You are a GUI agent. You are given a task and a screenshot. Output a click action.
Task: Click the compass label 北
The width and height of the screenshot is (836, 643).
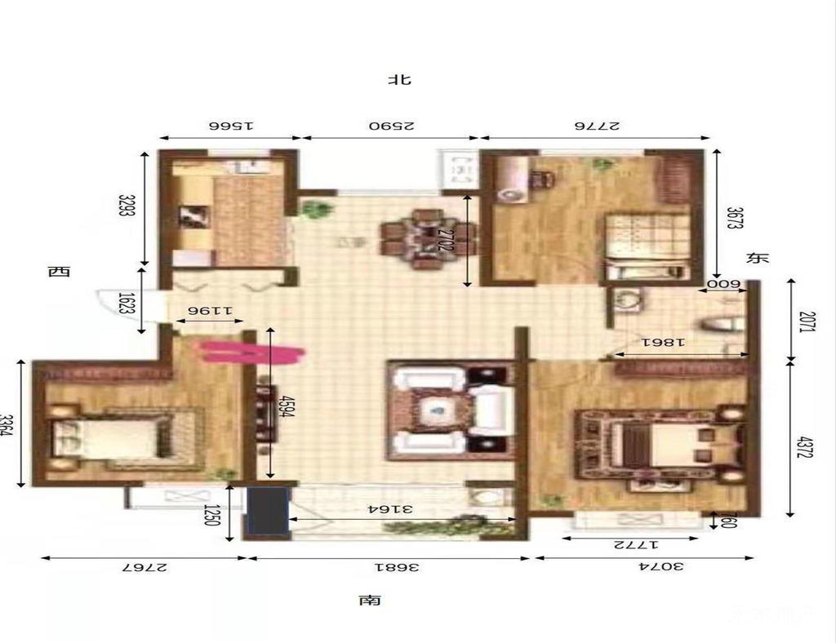[x=400, y=80]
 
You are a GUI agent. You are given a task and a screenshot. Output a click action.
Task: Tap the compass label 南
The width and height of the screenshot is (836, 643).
[x=370, y=601]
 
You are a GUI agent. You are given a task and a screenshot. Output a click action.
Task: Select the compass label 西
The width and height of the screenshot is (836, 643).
[x=58, y=272]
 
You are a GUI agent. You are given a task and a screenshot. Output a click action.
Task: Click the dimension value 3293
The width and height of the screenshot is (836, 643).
[x=125, y=209]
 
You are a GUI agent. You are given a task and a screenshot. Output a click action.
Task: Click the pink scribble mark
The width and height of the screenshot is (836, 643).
[x=252, y=352]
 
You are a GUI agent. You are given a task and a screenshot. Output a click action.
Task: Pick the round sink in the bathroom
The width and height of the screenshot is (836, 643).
[x=628, y=301]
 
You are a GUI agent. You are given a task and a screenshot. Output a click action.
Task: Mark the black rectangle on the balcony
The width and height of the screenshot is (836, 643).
[x=269, y=512]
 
